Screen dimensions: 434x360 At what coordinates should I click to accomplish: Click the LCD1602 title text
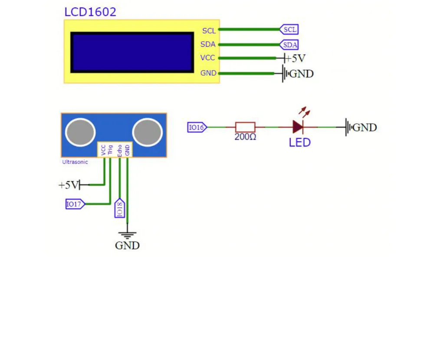click(90, 12)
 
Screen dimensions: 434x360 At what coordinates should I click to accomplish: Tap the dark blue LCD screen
click(132, 52)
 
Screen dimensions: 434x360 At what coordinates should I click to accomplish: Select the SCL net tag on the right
click(289, 29)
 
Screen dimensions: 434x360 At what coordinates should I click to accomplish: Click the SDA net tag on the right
click(289, 45)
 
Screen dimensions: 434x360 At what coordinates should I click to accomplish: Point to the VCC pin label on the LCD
click(207, 58)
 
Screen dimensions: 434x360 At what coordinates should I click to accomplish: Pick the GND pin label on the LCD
click(208, 73)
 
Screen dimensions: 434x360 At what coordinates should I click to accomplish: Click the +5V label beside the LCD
click(295, 58)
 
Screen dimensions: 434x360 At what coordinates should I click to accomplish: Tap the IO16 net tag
click(197, 127)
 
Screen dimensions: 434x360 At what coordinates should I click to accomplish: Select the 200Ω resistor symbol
click(245, 127)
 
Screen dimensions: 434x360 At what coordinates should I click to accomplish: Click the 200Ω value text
click(245, 137)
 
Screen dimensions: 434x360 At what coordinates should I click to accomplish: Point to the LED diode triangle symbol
click(298, 127)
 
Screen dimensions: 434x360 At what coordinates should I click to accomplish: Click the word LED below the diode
click(300, 143)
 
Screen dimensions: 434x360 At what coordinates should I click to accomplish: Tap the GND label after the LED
click(365, 127)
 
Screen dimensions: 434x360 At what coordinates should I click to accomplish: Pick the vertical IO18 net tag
click(120, 208)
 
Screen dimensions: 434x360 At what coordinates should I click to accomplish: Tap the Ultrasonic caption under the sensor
click(75, 162)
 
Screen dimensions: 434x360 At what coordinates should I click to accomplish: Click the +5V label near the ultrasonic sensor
click(69, 185)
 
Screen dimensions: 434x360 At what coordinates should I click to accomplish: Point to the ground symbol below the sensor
click(127, 235)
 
